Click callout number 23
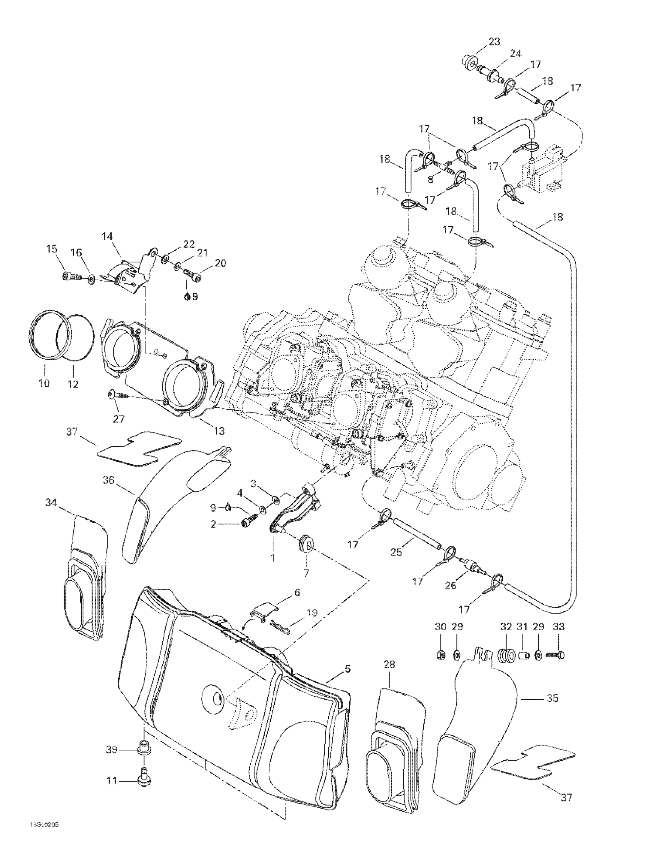(x=494, y=42)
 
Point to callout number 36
(x=108, y=480)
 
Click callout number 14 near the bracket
(x=107, y=236)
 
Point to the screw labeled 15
(x=70, y=277)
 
